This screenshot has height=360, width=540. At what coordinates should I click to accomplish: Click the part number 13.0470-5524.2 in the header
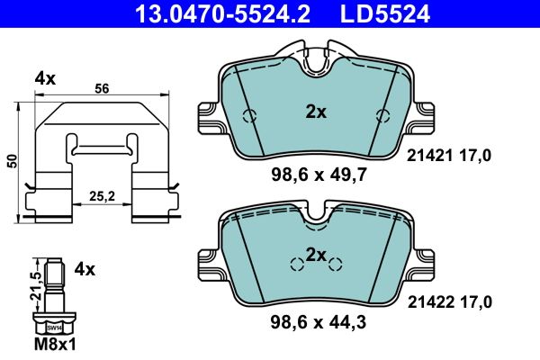click(x=223, y=13)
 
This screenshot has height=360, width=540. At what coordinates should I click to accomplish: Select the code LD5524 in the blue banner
click(x=385, y=13)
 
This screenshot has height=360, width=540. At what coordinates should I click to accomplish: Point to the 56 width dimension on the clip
click(x=102, y=88)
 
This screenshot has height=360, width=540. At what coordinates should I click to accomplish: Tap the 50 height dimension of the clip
click(x=13, y=161)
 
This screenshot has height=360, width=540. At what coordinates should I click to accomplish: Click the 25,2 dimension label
click(x=102, y=196)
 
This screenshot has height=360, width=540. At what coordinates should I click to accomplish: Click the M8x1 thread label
click(x=55, y=344)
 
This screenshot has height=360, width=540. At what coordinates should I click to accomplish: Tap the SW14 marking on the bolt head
click(x=54, y=328)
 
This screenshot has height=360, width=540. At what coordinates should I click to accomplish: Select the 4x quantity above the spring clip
click(x=45, y=79)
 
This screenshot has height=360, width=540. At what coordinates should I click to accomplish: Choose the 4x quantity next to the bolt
click(x=85, y=269)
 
